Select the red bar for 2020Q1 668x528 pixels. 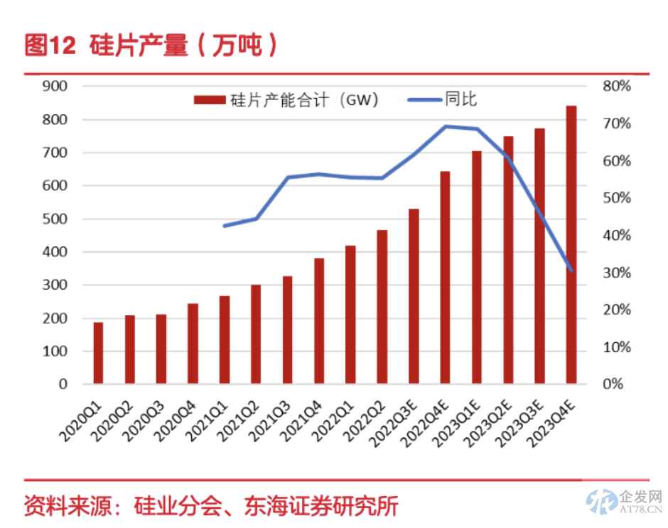coord(98,353)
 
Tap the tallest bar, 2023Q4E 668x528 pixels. coord(571,245)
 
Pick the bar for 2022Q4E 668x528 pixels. coord(445,277)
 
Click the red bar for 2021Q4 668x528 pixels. coord(319,321)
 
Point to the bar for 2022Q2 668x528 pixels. coord(382,307)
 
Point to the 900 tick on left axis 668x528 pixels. coord(55,86)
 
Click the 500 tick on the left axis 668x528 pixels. coord(55,219)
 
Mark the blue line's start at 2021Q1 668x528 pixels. coord(225,226)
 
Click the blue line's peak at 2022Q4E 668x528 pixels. coord(445,126)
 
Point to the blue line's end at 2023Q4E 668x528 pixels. coord(571,270)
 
